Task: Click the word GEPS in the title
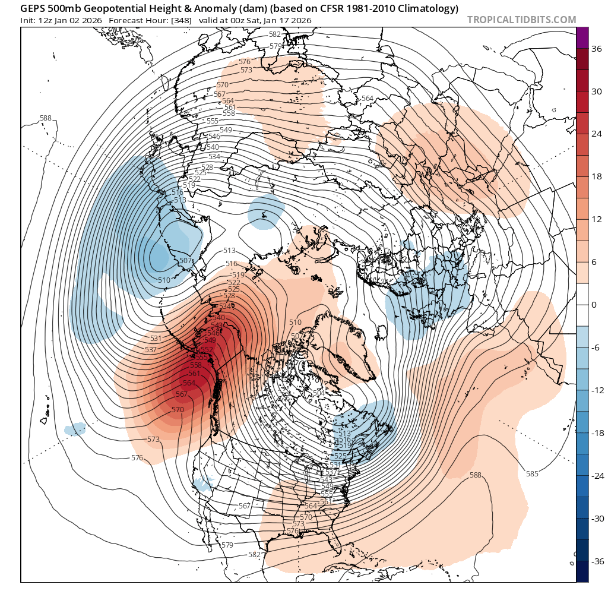click(32, 8)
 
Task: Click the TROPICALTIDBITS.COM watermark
click(521, 20)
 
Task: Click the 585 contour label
click(532, 473)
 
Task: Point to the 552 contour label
click(207, 349)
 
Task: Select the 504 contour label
click(318, 394)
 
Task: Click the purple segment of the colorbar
click(582, 37)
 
